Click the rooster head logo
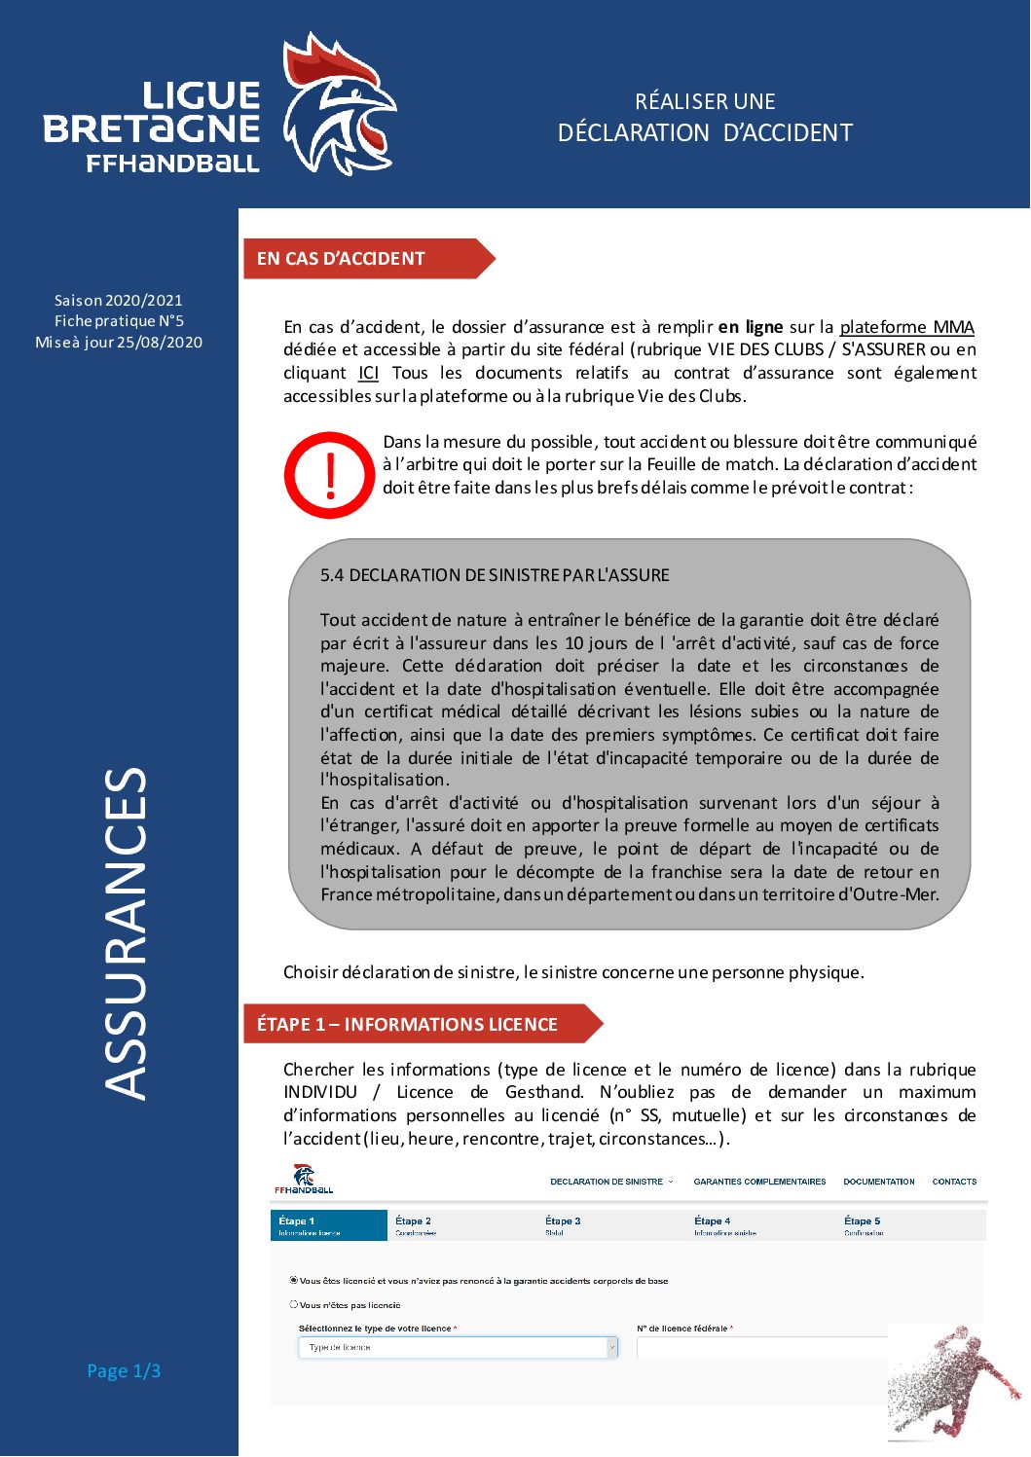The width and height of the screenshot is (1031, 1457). pos(336,105)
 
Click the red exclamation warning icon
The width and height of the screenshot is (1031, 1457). pos(329,475)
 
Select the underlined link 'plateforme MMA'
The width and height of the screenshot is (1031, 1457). pos(906,327)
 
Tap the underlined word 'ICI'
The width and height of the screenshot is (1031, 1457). pos(368,373)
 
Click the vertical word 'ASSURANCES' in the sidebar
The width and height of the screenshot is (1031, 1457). pos(126,934)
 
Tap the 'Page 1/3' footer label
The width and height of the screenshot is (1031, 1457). pos(124,1370)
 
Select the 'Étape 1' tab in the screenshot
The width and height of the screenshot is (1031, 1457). pos(328,1224)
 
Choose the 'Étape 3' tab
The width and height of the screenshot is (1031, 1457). pos(563,1223)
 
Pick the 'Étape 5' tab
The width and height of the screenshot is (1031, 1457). pos(862,1223)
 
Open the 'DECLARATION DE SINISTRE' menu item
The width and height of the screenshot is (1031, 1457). pos(608,1182)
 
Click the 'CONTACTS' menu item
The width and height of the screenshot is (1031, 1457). pos(954,1182)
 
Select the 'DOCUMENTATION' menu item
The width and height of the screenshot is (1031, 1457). pos(878,1182)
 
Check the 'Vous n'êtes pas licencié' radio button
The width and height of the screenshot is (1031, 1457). pos(293,1304)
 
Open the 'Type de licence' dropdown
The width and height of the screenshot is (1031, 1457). pos(458,1347)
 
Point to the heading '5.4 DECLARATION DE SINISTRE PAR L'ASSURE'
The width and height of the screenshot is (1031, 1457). pos(495,575)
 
